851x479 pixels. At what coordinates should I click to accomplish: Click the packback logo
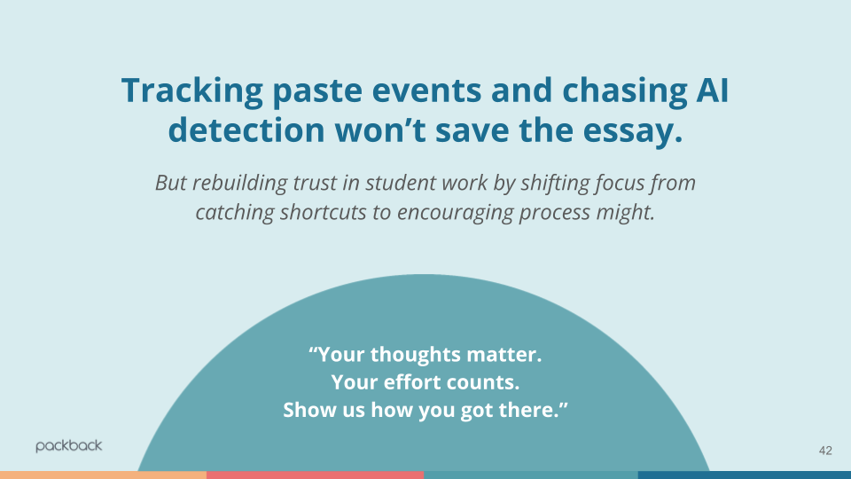coord(69,446)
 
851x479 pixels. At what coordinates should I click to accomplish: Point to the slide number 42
coord(825,452)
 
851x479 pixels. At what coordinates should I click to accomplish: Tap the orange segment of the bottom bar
coord(103,475)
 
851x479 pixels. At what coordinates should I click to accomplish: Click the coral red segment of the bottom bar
coord(315,475)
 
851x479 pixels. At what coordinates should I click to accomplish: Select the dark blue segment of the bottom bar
coord(744,475)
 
